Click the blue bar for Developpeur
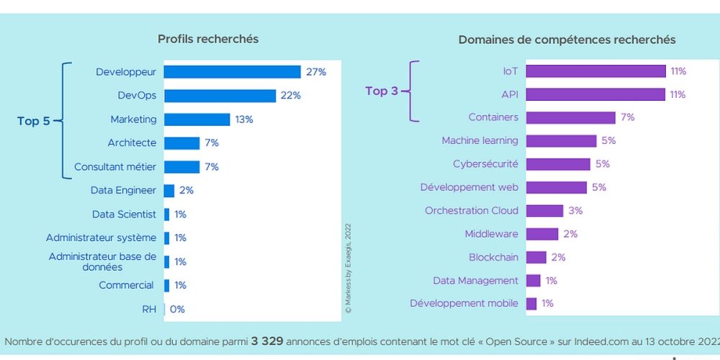232,72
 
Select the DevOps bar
220,96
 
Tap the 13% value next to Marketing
244,120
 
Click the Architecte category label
132,143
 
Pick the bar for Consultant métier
181,167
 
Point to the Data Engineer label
123,191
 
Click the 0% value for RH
177,310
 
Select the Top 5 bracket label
34,121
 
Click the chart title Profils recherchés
208,39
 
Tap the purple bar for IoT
595,71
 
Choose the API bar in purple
595,94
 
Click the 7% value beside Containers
627,117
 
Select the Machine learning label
480,141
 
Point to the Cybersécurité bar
558,164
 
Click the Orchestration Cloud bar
544,211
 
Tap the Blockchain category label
493,257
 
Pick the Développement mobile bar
531,304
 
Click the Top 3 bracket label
382,91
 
